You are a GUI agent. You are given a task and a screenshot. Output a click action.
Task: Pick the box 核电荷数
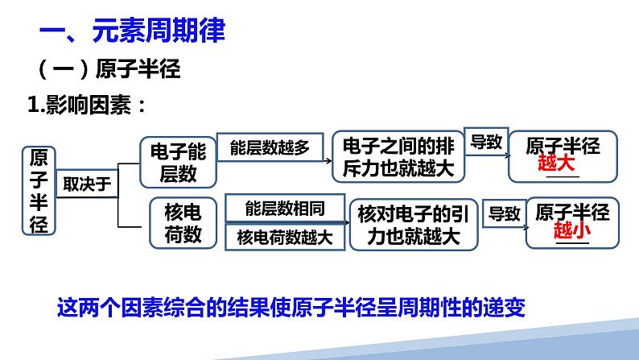point(183,223)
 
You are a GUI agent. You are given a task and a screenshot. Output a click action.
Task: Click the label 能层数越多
point(269,148)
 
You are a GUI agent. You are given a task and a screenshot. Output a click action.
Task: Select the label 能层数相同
point(285,209)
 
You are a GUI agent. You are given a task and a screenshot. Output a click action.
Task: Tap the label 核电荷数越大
point(285,238)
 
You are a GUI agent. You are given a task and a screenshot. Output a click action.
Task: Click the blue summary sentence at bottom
point(291,308)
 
